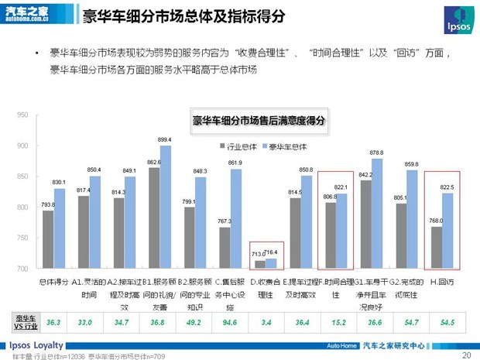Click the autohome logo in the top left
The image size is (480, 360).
28,13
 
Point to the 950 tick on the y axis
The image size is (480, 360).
22,115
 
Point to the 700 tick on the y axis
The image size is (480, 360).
22,269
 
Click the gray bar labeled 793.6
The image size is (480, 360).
48,239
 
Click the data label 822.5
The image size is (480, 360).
447,187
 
